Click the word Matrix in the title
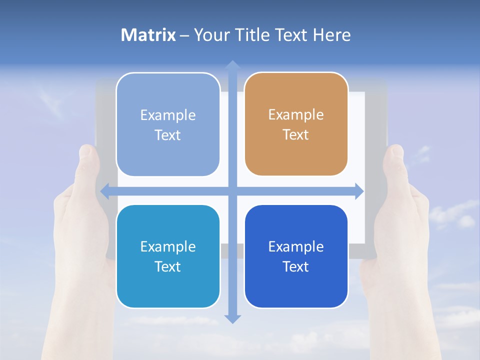point(148,35)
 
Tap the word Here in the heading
point(332,35)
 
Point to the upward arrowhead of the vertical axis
point(232,65)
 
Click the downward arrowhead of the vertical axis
point(232,318)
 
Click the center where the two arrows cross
point(232,191)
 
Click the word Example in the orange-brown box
point(296,115)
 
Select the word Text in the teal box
point(167,266)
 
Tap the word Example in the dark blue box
point(296,246)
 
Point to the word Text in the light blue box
point(167,135)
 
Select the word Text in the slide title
point(291,35)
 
